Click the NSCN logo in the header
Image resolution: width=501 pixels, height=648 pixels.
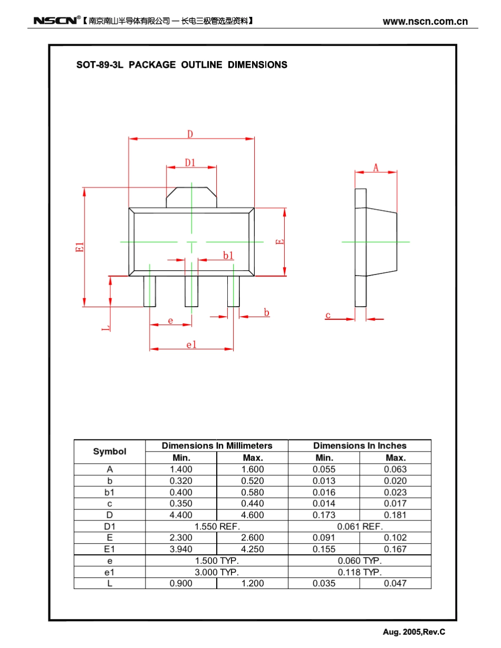click(x=55, y=21)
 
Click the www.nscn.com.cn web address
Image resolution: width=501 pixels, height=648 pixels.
click(x=425, y=22)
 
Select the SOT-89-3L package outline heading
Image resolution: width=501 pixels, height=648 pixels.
click(x=182, y=65)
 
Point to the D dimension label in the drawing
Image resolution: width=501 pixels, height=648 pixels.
click(x=190, y=134)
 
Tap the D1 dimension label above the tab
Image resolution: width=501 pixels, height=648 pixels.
click(x=190, y=163)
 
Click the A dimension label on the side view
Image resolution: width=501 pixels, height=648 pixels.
click(x=376, y=168)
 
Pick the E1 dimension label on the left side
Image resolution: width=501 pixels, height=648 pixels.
click(x=80, y=247)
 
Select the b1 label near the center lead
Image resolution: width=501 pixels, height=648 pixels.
click(x=228, y=256)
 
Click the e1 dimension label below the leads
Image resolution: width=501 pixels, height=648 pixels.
click(x=191, y=345)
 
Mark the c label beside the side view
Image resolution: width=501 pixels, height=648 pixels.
click(x=328, y=316)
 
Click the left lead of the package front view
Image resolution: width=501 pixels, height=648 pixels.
click(x=150, y=291)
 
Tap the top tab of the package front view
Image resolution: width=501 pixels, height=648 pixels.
click(x=191, y=198)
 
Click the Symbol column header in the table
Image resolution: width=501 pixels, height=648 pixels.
click(x=110, y=451)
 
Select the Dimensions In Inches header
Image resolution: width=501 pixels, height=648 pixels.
click(x=360, y=446)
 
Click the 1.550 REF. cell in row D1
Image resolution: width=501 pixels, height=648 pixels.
click(x=217, y=526)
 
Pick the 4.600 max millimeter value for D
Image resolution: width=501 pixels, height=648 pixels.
click(x=252, y=515)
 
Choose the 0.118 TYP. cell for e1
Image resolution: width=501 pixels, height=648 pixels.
click(x=360, y=572)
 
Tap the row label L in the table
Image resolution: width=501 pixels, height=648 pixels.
click(x=110, y=583)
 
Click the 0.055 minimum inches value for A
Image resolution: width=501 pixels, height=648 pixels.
click(x=324, y=469)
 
